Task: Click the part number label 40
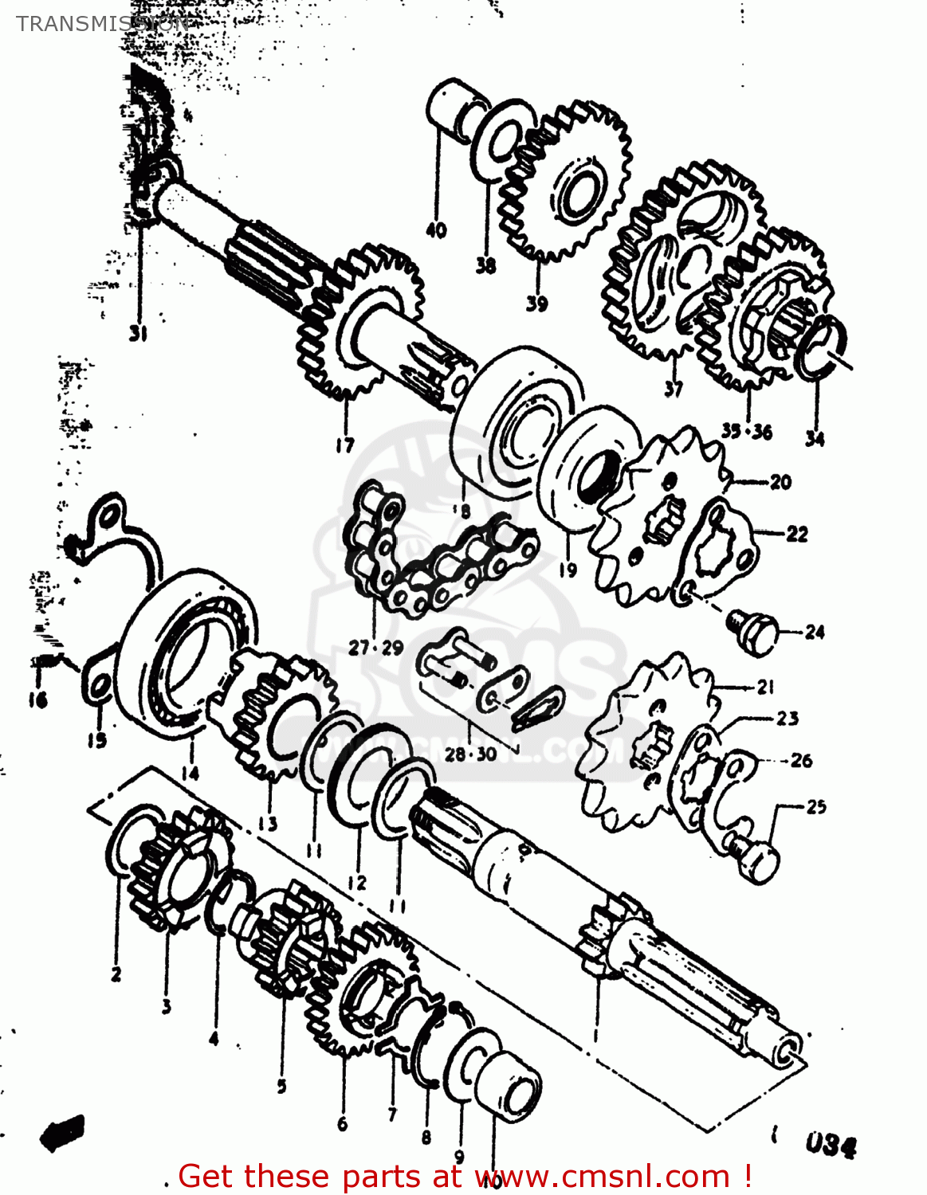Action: tap(436, 231)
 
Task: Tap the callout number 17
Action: tap(344, 445)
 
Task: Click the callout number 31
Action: tap(139, 333)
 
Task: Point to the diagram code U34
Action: tap(830, 1146)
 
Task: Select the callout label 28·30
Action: tap(470, 754)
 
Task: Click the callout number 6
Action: tap(343, 1123)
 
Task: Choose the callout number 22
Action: tap(797, 534)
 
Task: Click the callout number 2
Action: tap(116, 974)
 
